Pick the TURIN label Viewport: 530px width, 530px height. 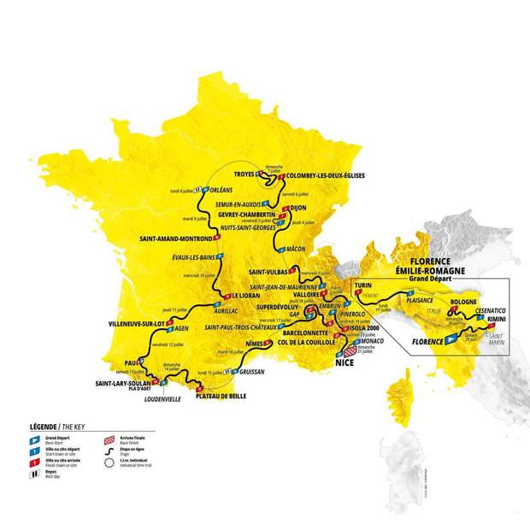point(365,283)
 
